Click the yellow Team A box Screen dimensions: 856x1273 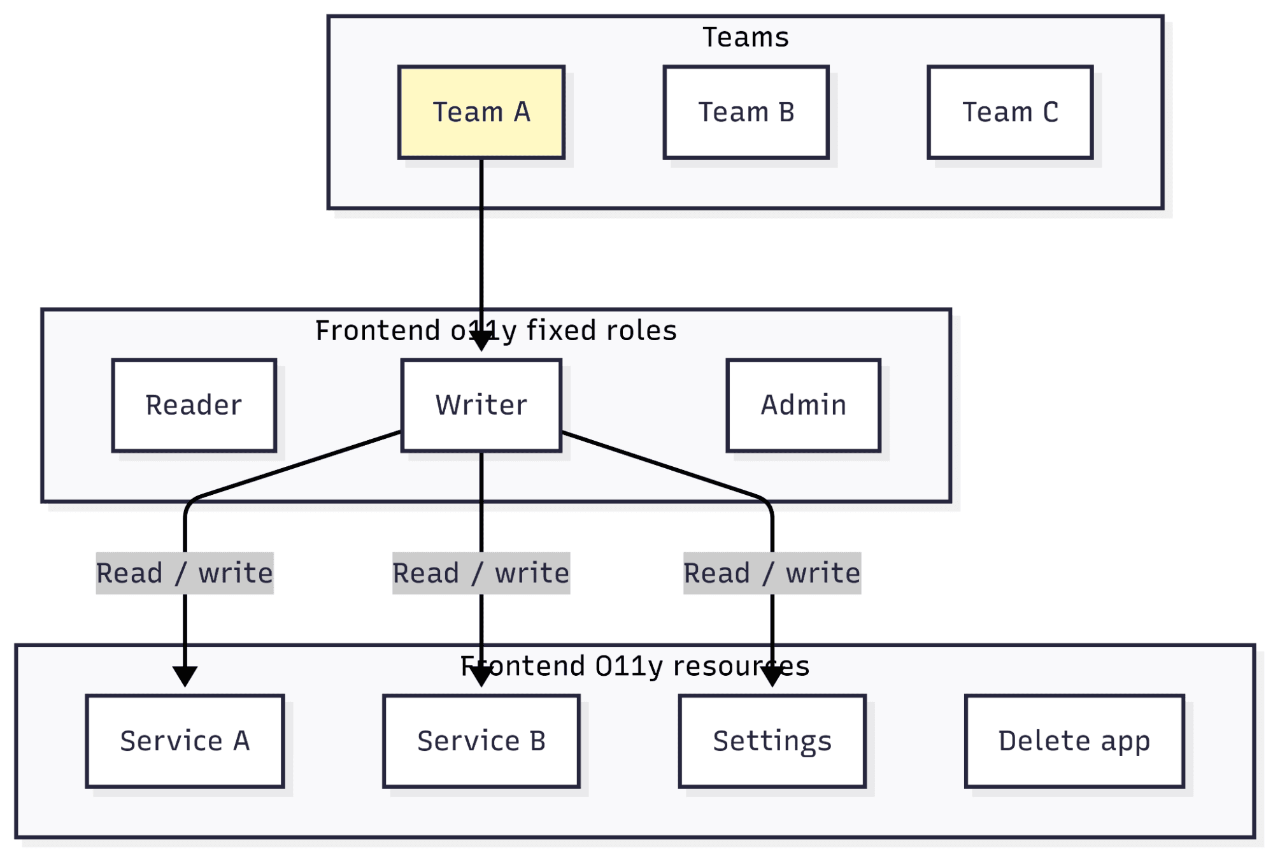481,112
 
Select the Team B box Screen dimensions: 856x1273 746,112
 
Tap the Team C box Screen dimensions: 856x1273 1010,112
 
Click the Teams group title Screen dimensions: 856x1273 745,37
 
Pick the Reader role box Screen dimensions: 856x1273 194,405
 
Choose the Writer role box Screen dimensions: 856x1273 481,405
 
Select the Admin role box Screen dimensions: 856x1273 803,405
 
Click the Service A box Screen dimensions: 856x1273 185,741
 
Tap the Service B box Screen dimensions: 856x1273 481,741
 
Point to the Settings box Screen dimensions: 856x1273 772,741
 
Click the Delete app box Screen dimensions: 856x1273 1074,741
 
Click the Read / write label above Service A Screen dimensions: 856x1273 185,573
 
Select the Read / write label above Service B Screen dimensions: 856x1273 481,573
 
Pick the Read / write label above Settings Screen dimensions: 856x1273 772,573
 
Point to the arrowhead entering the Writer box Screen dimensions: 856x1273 481,343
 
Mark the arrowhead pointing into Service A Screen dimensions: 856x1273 185,676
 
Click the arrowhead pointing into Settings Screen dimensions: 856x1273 772,676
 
